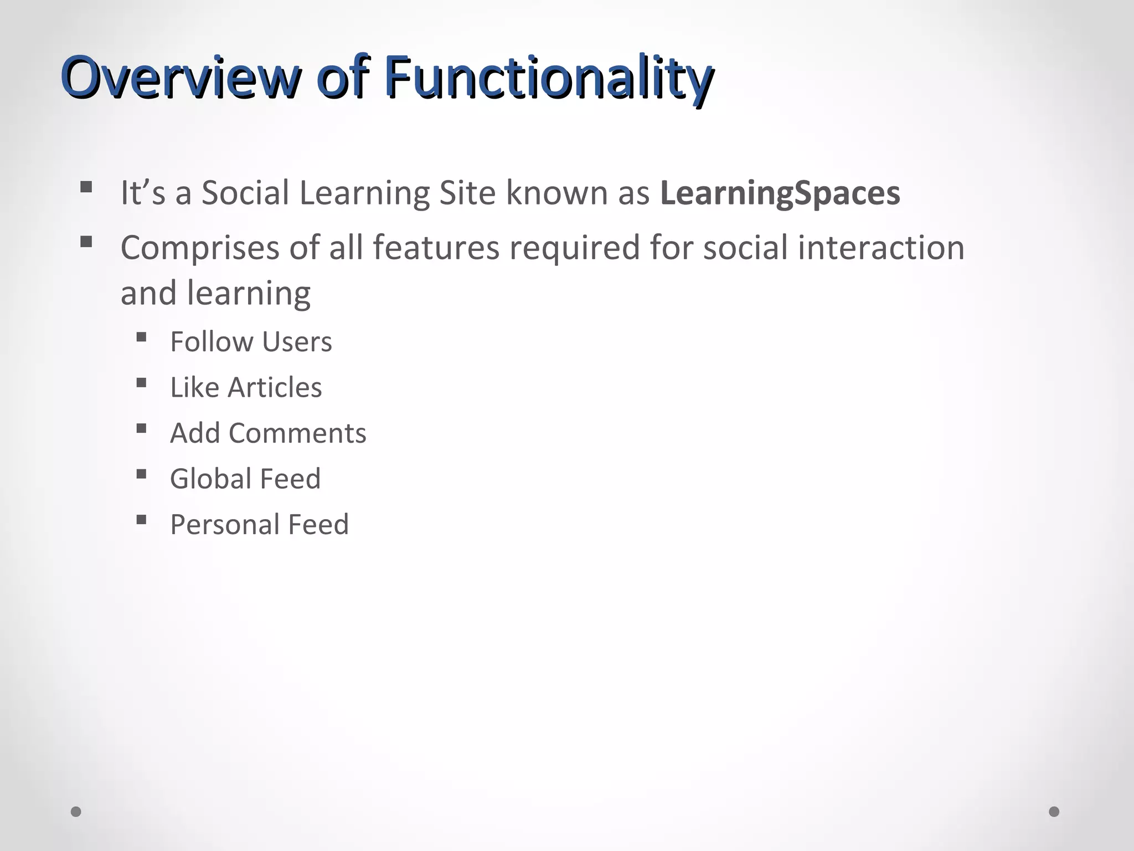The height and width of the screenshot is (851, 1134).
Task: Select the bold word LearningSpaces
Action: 780,193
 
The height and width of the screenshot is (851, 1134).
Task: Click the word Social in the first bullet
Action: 245,193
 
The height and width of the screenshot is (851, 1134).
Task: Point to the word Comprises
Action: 200,248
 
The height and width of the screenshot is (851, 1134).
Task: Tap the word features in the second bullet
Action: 436,247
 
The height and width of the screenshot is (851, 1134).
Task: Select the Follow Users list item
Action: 251,342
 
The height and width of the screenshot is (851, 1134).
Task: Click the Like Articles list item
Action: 246,387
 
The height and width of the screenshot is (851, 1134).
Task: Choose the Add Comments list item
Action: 268,433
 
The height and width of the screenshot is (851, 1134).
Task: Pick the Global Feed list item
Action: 245,479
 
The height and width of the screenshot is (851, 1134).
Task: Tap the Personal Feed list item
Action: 259,525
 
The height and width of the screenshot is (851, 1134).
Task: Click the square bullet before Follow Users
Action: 141,337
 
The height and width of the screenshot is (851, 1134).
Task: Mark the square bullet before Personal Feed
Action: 141,520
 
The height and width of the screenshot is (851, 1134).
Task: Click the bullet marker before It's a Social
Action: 86,187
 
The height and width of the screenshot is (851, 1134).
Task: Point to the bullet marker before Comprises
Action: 86,242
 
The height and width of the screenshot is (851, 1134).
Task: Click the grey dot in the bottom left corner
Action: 76,812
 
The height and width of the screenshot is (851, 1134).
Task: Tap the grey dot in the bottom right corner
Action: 1054,812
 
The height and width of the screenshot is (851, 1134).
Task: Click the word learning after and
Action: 249,293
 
